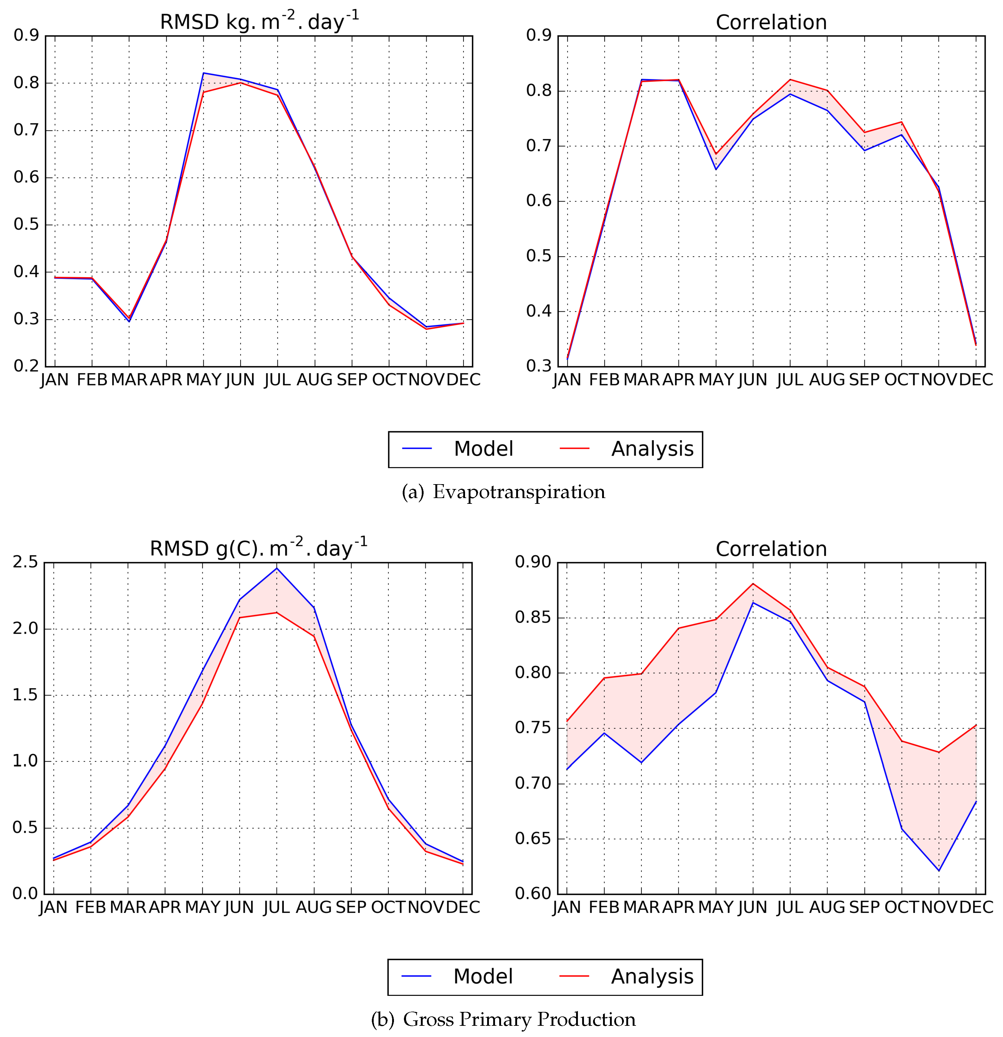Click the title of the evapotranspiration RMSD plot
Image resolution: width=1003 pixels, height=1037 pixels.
tap(259, 22)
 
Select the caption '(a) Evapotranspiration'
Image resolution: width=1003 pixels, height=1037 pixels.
tap(503, 492)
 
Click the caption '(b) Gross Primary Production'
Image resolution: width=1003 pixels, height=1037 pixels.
tap(503, 1019)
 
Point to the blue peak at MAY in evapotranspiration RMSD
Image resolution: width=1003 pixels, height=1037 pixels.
tap(204, 73)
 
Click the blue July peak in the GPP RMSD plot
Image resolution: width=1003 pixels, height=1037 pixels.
tap(277, 568)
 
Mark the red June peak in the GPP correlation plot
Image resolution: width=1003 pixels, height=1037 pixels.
tap(753, 584)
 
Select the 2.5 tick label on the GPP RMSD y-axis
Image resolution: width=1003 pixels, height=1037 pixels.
tap(25, 562)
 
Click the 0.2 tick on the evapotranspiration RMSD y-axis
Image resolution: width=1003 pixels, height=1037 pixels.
tap(26, 366)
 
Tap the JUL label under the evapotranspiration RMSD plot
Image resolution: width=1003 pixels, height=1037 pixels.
tap(277, 380)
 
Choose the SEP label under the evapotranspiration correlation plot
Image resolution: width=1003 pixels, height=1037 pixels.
tap(864, 380)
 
